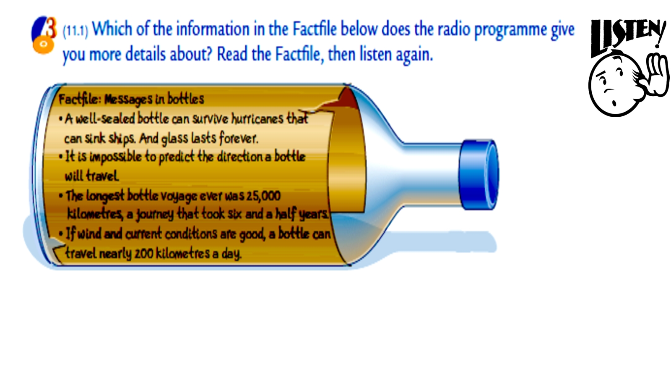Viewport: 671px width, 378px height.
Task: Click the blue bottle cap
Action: [x=479, y=175]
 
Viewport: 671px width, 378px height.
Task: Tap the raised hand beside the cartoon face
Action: [x=658, y=75]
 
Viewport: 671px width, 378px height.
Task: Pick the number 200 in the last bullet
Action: [x=144, y=254]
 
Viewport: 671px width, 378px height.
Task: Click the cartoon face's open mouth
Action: [x=614, y=103]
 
